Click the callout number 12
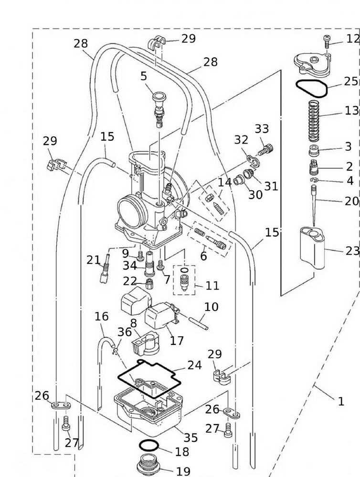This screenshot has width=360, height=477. (x=353, y=38)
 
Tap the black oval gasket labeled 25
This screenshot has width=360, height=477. (x=310, y=87)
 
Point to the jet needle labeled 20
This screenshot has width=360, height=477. (x=314, y=203)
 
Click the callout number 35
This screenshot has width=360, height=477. (x=191, y=437)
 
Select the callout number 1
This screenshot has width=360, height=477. (x=341, y=401)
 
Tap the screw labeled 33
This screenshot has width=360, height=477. (x=265, y=149)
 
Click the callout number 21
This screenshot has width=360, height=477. (x=93, y=259)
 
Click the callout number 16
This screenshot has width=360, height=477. (x=101, y=316)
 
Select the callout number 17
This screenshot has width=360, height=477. (x=177, y=341)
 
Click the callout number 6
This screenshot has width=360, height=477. (x=203, y=256)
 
